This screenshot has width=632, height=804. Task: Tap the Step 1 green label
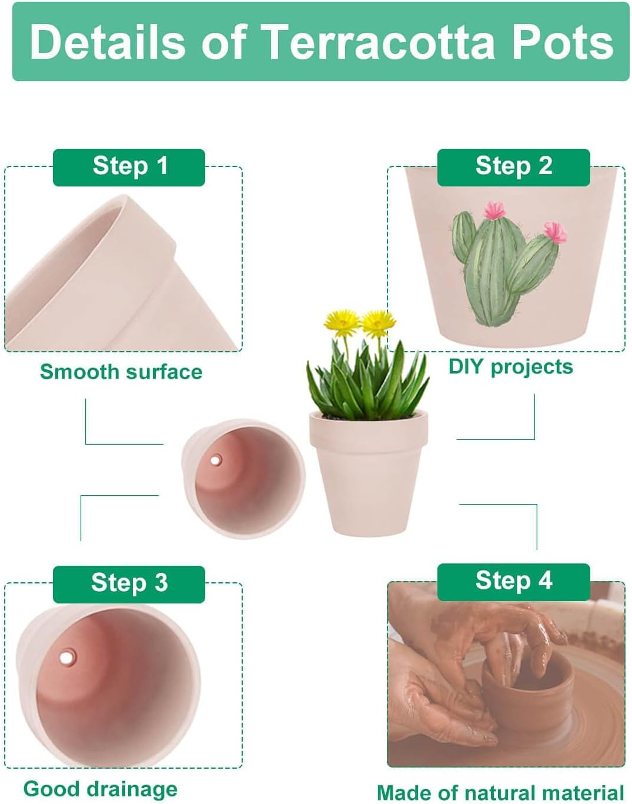[x=129, y=166]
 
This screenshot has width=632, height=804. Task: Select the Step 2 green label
[x=513, y=166]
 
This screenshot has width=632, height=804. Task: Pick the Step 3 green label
[x=129, y=583]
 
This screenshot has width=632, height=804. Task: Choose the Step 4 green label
[x=513, y=581]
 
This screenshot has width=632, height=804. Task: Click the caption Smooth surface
[x=121, y=372]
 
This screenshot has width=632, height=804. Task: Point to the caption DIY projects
[x=510, y=366]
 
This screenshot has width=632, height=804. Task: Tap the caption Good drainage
[x=100, y=789]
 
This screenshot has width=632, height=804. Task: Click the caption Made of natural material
[x=500, y=792]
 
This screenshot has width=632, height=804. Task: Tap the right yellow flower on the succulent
[x=377, y=322]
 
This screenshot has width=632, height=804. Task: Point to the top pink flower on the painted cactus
[x=495, y=210]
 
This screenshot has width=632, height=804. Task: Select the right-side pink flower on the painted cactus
[x=554, y=231]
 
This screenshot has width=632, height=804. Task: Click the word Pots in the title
[x=560, y=42]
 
